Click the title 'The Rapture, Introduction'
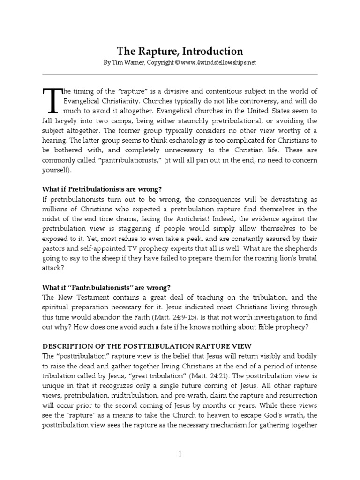click(180, 51)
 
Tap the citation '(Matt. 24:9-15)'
click(201, 318)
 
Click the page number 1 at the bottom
click(180, 453)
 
